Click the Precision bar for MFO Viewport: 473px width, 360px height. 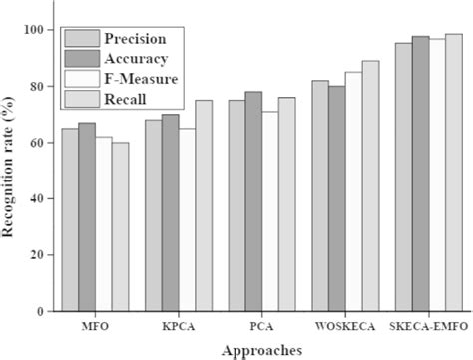(70, 219)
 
